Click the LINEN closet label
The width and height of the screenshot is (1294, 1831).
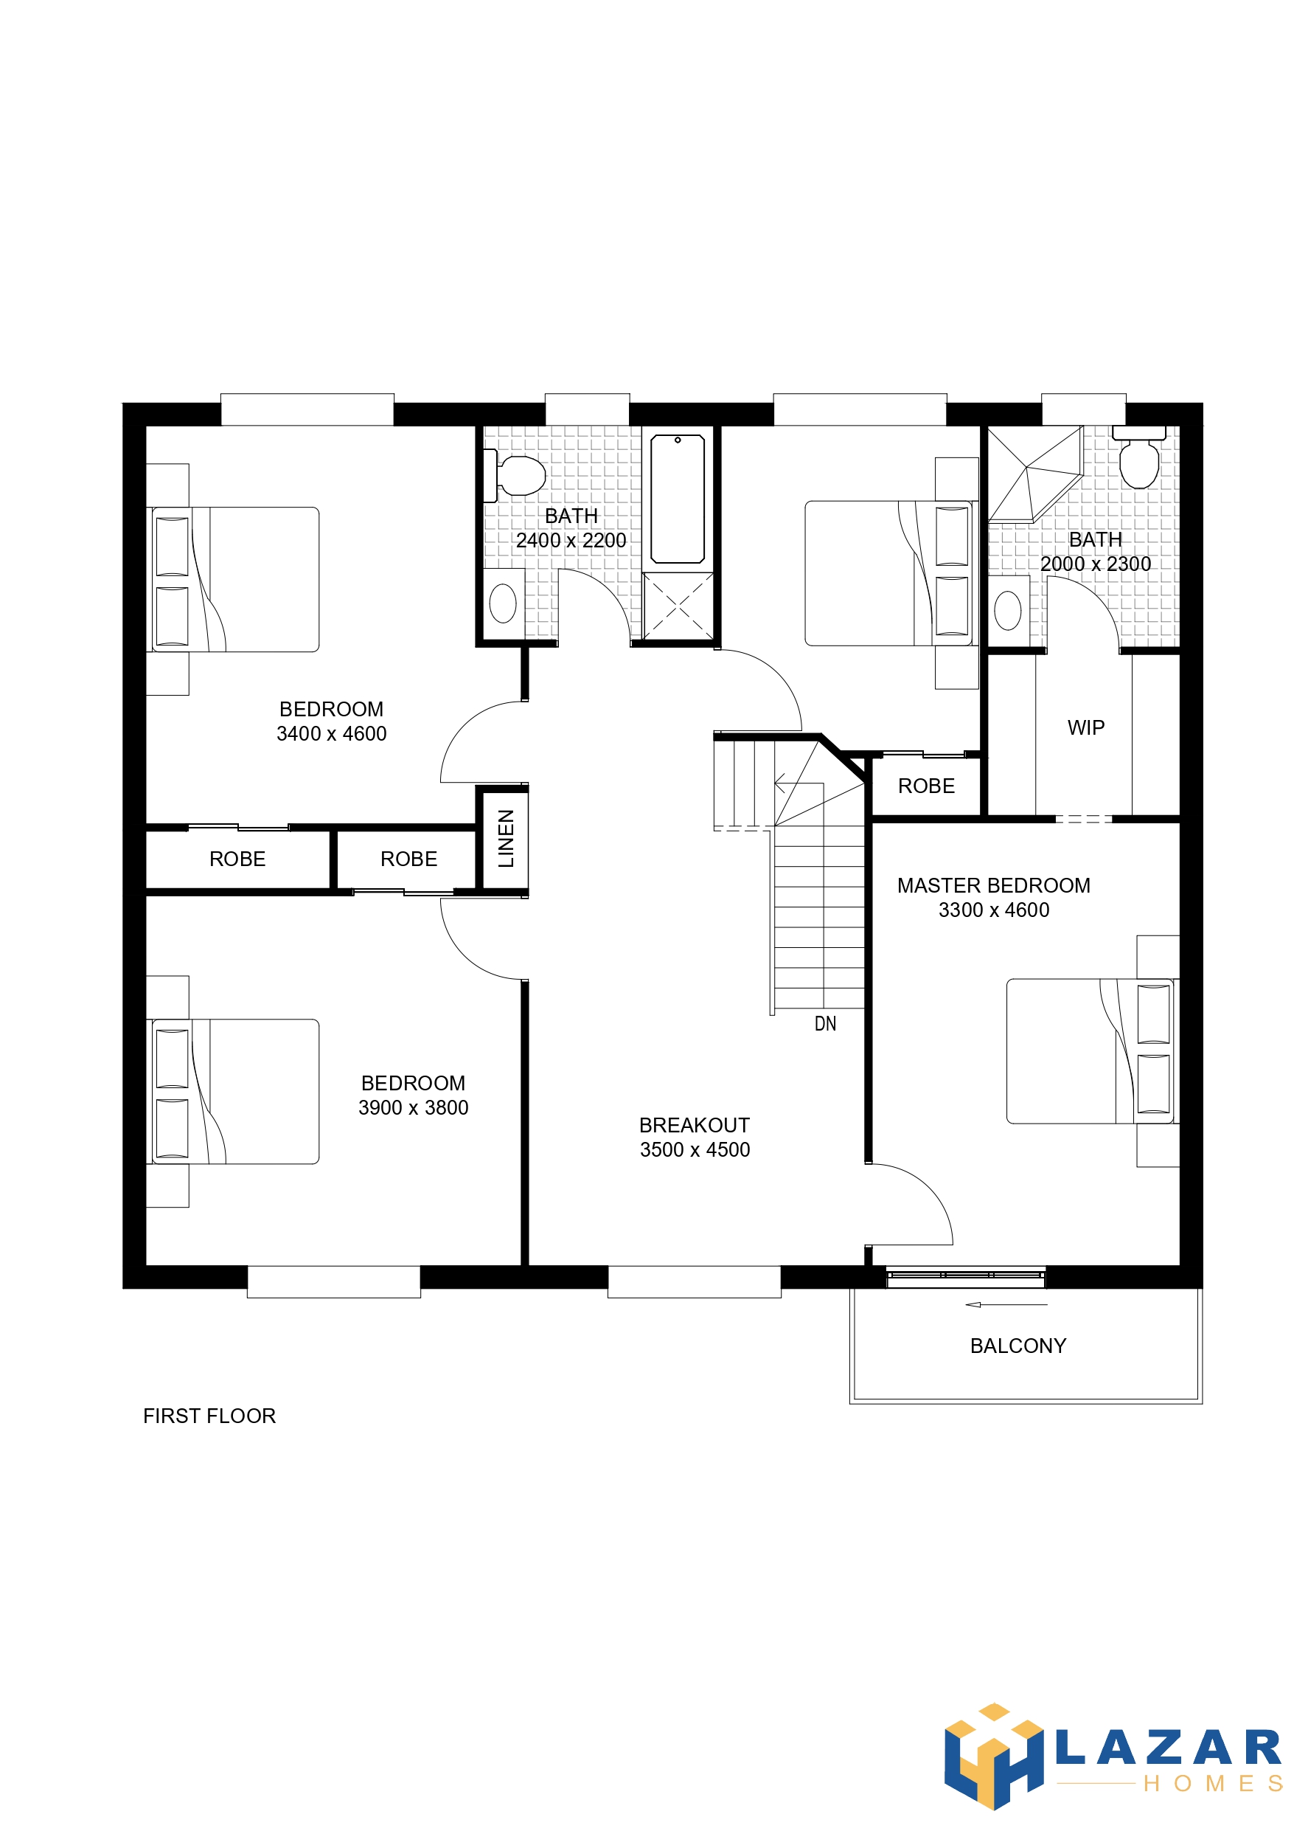pos(506,838)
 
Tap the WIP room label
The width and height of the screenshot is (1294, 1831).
pos(1085,727)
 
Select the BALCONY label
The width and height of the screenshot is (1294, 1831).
pos(1018,1346)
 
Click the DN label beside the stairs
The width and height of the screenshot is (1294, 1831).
pos(825,1024)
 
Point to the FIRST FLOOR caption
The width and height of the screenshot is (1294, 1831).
pos(209,1416)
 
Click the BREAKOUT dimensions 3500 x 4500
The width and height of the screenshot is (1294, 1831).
pos(695,1150)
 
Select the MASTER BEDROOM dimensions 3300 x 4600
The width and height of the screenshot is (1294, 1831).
pos(993,910)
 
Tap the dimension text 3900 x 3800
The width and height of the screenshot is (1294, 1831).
pos(413,1108)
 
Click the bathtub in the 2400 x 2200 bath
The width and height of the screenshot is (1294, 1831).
pos(677,499)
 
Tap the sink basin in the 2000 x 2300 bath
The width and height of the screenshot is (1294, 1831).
pos(1008,611)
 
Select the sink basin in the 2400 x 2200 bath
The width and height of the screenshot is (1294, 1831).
pos(502,603)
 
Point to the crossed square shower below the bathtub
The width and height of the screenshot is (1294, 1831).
pos(678,606)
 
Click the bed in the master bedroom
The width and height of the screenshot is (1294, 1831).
pos(1089,1051)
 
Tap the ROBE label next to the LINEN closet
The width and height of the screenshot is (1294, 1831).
pos(408,859)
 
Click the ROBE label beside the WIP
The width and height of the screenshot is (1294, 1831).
pos(925,786)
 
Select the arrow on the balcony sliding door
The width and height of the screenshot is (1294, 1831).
pos(1006,1305)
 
